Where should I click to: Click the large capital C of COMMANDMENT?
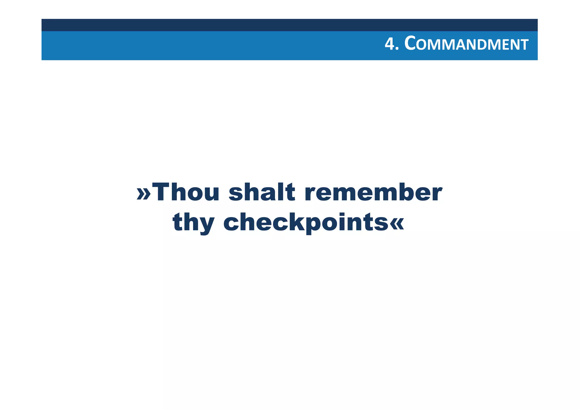410,44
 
